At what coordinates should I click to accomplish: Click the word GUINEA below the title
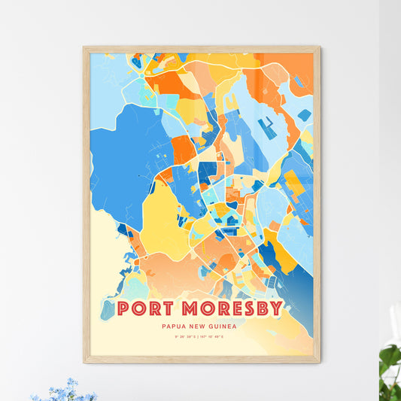click(x=225, y=327)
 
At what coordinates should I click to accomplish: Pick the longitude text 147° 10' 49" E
click(x=219, y=339)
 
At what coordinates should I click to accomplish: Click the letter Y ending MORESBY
click(x=276, y=308)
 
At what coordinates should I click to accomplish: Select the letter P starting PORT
click(x=123, y=308)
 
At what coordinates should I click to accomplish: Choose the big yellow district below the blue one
click(x=162, y=218)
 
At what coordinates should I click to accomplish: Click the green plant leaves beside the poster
click(x=390, y=361)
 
